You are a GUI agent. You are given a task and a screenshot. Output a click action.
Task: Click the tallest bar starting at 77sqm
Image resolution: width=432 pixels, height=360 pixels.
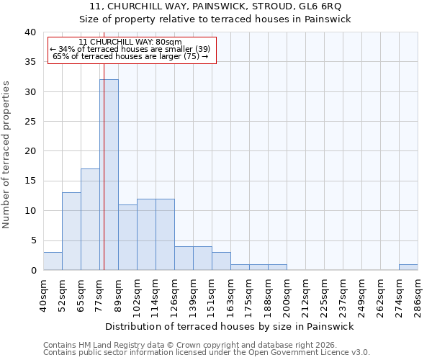tap(109, 175)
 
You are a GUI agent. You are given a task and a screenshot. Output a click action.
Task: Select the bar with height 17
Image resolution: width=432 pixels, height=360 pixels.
tap(90, 220)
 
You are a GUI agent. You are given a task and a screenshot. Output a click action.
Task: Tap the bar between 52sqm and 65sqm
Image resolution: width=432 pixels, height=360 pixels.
tap(71, 231)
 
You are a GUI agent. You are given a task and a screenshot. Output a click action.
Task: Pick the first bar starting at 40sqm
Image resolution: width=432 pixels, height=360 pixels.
tap(53, 261)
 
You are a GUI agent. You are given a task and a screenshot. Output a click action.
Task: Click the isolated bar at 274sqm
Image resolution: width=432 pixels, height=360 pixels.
tap(408, 267)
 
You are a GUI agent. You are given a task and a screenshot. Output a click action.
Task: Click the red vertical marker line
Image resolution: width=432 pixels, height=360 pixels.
tap(104, 180)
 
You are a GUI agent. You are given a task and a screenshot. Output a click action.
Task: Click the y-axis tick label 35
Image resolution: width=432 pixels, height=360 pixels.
tap(30, 62)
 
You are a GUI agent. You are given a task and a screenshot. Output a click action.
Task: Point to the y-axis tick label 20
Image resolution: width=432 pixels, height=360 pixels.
tap(30, 151)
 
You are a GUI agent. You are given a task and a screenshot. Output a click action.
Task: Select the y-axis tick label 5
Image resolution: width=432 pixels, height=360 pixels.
tap(32, 240)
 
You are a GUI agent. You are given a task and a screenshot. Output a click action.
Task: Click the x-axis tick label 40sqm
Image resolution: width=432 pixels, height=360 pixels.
tap(43, 292)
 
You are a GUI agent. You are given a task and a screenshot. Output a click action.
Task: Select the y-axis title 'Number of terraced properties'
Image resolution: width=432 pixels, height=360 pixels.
tap(6, 155)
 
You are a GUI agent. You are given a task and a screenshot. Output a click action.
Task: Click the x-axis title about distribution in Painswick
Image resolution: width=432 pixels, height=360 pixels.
tap(230, 326)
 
